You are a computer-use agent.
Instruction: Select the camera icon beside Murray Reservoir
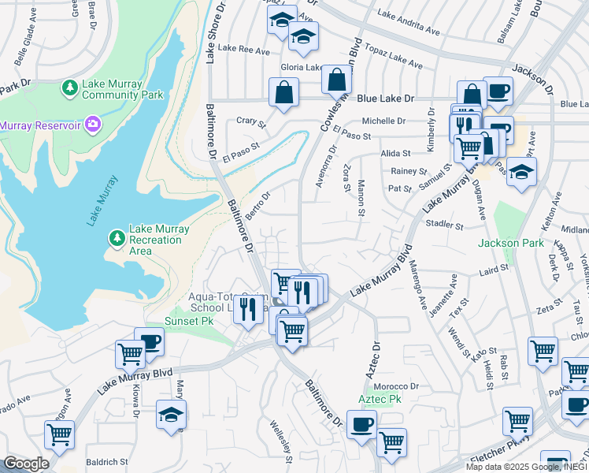[x=93, y=125]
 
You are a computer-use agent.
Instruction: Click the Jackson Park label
[x=510, y=243]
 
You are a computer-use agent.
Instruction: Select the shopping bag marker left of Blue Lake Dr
[x=283, y=91]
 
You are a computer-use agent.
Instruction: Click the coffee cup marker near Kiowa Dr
[x=149, y=341]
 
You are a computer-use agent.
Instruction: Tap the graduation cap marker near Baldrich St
[x=171, y=414]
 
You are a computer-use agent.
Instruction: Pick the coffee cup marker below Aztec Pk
[x=361, y=425]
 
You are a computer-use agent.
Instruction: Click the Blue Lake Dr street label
[x=385, y=99]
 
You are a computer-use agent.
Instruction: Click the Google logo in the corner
[x=26, y=464]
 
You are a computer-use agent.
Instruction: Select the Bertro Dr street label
[x=258, y=204]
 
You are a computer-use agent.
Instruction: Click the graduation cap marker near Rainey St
[x=520, y=172]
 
